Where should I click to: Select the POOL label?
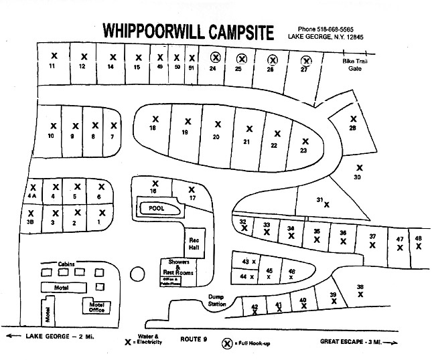155,209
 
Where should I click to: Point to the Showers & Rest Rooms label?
178,268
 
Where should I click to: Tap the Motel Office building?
96,306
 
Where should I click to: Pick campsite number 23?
303,151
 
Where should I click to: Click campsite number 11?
52,67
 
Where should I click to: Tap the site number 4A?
31,197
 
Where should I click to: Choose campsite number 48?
418,238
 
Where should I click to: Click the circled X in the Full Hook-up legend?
228,343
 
